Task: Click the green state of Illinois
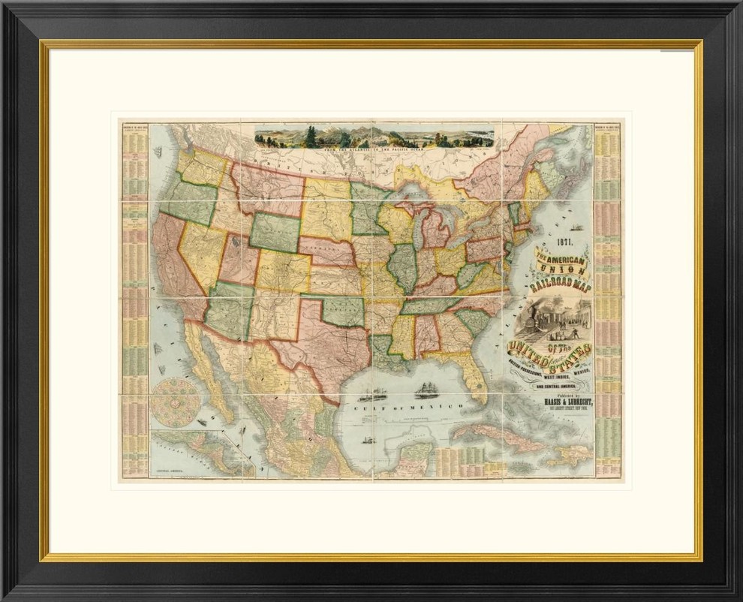pos(404,267)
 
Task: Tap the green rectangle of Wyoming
pos(275,232)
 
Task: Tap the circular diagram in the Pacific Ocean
pos(175,402)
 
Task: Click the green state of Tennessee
pos(432,305)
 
